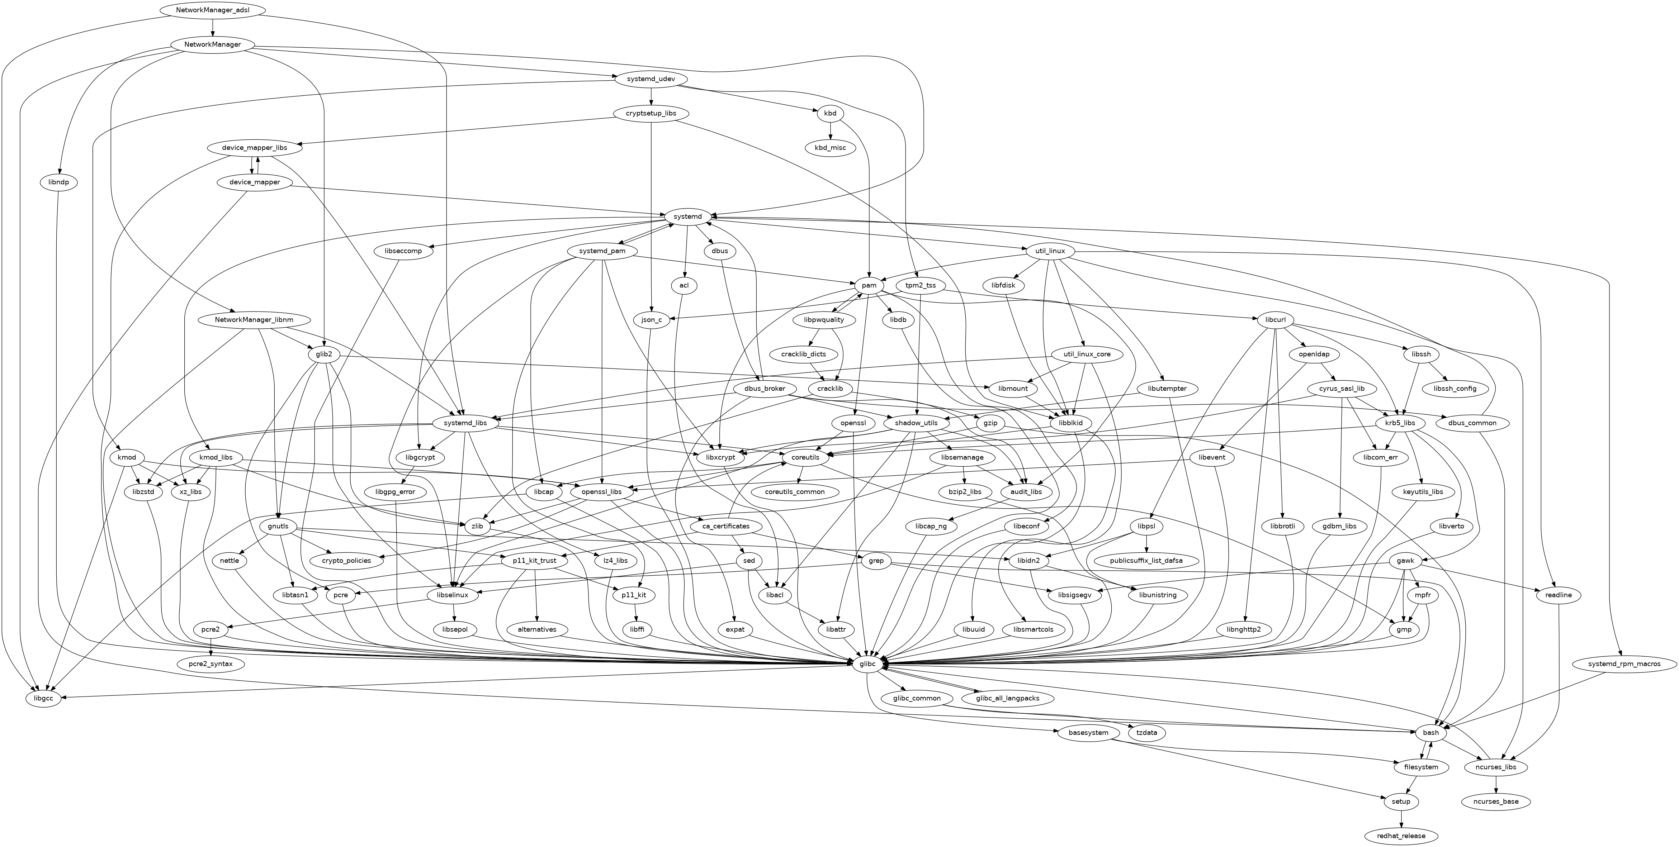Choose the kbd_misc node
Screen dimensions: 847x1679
click(830, 148)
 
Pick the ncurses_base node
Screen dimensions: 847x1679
click(1496, 801)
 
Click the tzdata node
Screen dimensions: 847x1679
click(1146, 733)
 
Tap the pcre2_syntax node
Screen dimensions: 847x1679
click(211, 664)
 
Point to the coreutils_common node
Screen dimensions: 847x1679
click(795, 492)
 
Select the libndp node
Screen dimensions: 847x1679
click(58, 182)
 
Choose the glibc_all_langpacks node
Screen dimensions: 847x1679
click(1008, 699)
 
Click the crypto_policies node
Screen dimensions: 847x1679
click(346, 560)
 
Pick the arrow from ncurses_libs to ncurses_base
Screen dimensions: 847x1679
click(1496, 785)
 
